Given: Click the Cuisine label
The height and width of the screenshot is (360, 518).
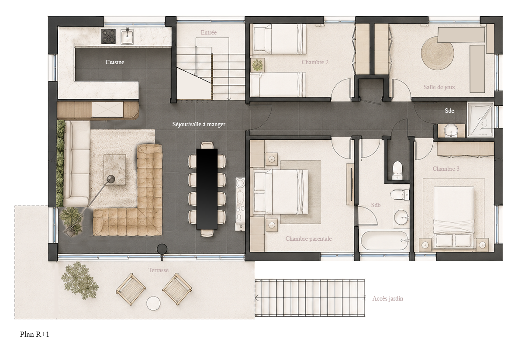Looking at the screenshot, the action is tap(114, 62).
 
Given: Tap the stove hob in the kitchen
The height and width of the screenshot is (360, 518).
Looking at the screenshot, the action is tap(109, 36).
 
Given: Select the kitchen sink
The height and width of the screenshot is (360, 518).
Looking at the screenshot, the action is tap(127, 36).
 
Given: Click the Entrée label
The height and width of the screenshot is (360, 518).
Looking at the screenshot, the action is tap(208, 32).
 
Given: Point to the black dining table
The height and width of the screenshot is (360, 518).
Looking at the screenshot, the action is tap(207, 189).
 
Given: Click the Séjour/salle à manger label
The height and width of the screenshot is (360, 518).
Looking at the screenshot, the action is tap(199, 125).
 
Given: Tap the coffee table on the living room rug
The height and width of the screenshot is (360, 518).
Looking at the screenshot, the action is tap(114, 170).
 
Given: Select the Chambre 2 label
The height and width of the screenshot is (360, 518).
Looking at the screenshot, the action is tap(315, 62).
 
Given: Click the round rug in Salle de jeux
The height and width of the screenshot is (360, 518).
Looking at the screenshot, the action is tap(437, 53).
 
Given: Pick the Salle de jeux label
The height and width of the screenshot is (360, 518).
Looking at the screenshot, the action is tap(439, 87).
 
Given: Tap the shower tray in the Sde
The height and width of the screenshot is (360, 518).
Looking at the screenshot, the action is tap(480, 119).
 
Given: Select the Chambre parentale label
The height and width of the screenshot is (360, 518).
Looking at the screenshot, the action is tap(308, 239).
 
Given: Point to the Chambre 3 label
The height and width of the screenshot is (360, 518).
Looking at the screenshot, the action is tap(446, 169).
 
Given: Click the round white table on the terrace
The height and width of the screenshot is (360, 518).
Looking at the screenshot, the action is tap(153, 304).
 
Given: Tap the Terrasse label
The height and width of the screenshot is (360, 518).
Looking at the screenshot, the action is tap(158, 270).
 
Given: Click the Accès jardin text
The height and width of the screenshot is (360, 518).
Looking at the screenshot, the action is tap(387, 298).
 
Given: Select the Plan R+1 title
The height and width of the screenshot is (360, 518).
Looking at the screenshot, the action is tap(35, 335).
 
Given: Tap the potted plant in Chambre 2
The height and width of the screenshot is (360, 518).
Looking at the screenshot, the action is tap(258, 65).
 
